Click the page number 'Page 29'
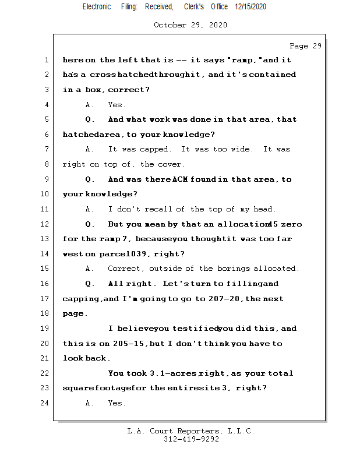[305, 46]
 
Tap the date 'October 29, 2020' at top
[190, 25]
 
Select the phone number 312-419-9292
[191, 440]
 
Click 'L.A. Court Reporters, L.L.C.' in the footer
[191, 431]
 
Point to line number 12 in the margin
[45, 224]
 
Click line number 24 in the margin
[45, 403]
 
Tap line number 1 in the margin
[46, 60]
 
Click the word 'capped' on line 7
[154, 150]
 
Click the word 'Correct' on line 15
[126, 269]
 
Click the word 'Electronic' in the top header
[97, 6]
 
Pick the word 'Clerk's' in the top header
[193, 6]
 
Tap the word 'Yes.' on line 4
[117, 105]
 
